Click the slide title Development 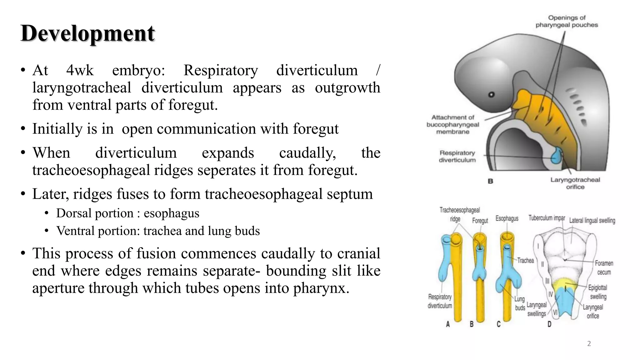pyautogui.click(x=87, y=33)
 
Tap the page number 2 pyautogui.click(x=589, y=344)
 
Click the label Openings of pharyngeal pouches pyautogui.click(x=567, y=21)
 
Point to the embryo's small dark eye pyautogui.click(x=491, y=94)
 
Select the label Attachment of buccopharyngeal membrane pyautogui.click(x=452, y=124)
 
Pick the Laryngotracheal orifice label pyautogui.click(x=575, y=183)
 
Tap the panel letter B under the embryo pyautogui.click(x=490, y=181)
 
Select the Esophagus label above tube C pyautogui.click(x=507, y=218)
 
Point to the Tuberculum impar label pyautogui.click(x=547, y=218)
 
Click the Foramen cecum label pyautogui.click(x=604, y=267)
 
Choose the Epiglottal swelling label pyautogui.click(x=597, y=292)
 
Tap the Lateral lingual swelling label pyautogui.click(x=592, y=221)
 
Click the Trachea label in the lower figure pyautogui.click(x=525, y=260)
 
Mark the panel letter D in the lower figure pyautogui.click(x=549, y=324)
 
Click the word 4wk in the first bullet pyautogui.click(x=80, y=70)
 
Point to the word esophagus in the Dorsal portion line pyautogui.click(x=171, y=213)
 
